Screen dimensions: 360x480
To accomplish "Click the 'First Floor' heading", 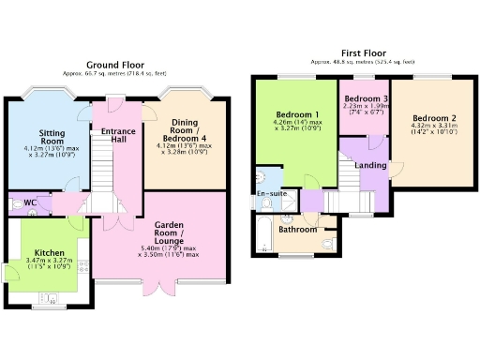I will pyautogui.click(x=364, y=53).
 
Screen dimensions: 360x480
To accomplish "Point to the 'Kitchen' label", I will pyautogui.click(x=50, y=253).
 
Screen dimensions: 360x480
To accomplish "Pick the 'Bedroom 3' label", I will pyautogui.click(x=365, y=98).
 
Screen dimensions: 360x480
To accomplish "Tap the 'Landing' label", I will pyautogui.click(x=371, y=166).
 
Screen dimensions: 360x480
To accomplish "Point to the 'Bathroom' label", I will pyautogui.click(x=297, y=229).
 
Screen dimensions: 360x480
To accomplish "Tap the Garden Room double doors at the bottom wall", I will pyautogui.click(x=149, y=283).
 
